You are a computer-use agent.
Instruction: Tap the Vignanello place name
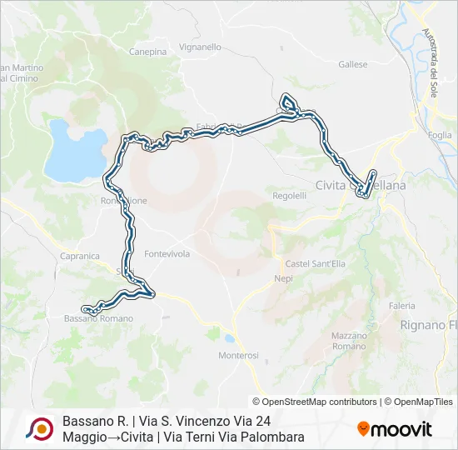[200, 47]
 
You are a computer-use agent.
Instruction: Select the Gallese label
[353, 64]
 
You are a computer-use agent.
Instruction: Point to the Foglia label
[440, 135]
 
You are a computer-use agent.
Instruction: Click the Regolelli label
[290, 195]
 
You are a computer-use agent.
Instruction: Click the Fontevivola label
[167, 253]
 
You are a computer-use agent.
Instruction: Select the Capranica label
[80, 257]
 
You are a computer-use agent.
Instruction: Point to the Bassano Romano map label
[98, 318]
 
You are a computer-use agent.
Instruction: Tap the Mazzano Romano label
[349, 340]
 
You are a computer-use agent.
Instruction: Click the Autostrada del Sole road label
[430, 62]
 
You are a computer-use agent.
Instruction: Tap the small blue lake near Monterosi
[228, 338]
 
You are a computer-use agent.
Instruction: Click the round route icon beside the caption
[39, 429]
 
